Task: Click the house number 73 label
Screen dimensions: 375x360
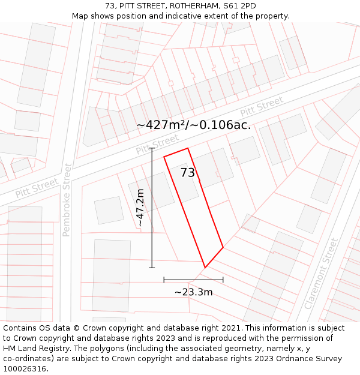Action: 188,173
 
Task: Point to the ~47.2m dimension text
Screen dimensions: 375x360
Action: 140,208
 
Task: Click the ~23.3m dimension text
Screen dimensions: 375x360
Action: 193,292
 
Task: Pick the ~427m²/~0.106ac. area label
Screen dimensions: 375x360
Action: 193,125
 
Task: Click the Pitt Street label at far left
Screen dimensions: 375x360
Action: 37,188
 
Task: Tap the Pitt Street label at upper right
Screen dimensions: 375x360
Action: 262,107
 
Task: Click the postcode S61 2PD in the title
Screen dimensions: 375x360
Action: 239,6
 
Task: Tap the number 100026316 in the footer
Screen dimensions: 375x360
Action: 25,368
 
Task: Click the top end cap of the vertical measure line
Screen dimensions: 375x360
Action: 152,148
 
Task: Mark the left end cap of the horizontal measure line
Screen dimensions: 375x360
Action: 164,280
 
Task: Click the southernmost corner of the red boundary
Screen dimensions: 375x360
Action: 205,268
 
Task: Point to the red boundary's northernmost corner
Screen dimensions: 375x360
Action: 188,148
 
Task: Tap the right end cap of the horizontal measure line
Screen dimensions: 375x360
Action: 223,280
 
